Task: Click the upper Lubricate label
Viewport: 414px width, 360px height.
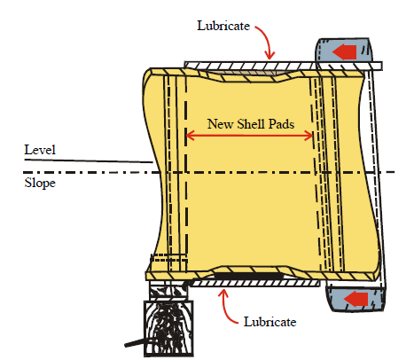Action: [x=223, y=26]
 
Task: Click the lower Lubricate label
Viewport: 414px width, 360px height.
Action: [x=269, y=322]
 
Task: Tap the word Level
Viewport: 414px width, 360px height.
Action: [x=40, y=150]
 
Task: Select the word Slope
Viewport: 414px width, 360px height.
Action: [x=40, y=183]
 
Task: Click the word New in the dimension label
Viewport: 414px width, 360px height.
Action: [x=221, y=124]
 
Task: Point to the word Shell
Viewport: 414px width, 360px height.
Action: [x=251, y=124]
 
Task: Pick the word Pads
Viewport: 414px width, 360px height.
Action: [x=281, y=124]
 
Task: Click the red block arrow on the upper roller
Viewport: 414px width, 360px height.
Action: [x=344, y=52]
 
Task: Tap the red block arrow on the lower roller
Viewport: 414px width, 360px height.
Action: [x=355, y=299]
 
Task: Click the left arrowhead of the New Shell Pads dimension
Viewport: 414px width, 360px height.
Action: [x=190, y=136]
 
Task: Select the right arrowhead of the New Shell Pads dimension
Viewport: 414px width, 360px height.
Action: [x=309, y=136]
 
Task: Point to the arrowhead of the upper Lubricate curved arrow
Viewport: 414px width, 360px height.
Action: [x=269, y=56]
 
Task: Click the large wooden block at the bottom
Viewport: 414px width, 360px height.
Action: [x=168, y=328]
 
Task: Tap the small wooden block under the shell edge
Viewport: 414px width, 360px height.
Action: [x=168, y=291]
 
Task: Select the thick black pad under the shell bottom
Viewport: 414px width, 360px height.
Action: [x=248, y=276]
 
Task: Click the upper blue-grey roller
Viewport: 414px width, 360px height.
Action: [x=344, y=53]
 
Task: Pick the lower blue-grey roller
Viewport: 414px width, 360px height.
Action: [x=355, y=299]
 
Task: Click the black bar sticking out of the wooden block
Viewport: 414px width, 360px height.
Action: [x=135, y=343]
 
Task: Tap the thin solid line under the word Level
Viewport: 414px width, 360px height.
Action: [x=89, y=160]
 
